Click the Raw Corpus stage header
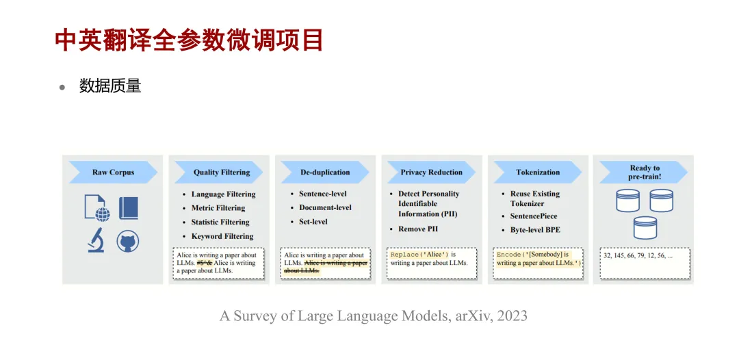(x=113, y=172)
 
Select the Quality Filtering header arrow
(x=219, y=172)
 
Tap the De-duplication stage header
(x=325, y=172)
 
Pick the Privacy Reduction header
(x=431, y=172)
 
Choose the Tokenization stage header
(x=538, y=172)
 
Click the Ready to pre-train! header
(x=644, y=172)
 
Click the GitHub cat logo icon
(x=128, y=241)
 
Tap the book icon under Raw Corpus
(x=128, y=207)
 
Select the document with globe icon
(x=97, y=208)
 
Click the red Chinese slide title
(x=189, y=40)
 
